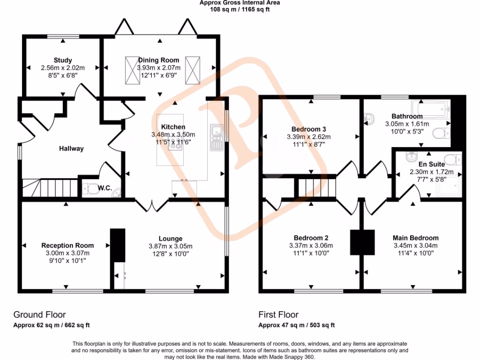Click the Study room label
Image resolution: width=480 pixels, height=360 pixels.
point(62,60)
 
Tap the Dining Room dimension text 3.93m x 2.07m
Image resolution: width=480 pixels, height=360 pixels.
point(158,67)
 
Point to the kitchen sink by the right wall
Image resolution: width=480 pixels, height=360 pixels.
point(217,136)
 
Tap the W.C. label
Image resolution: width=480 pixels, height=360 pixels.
point(105,188)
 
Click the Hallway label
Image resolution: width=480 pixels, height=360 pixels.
point(71,149)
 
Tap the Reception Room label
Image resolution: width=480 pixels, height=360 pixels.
point(67,245)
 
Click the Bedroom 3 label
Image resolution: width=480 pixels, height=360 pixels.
point(308,129)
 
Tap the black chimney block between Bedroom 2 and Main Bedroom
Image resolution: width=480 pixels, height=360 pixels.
point(363,242)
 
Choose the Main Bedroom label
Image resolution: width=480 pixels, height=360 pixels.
point(415,238)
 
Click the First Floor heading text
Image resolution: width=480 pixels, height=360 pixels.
point(278,315)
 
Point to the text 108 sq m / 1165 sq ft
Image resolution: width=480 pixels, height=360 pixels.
point(240,8)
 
